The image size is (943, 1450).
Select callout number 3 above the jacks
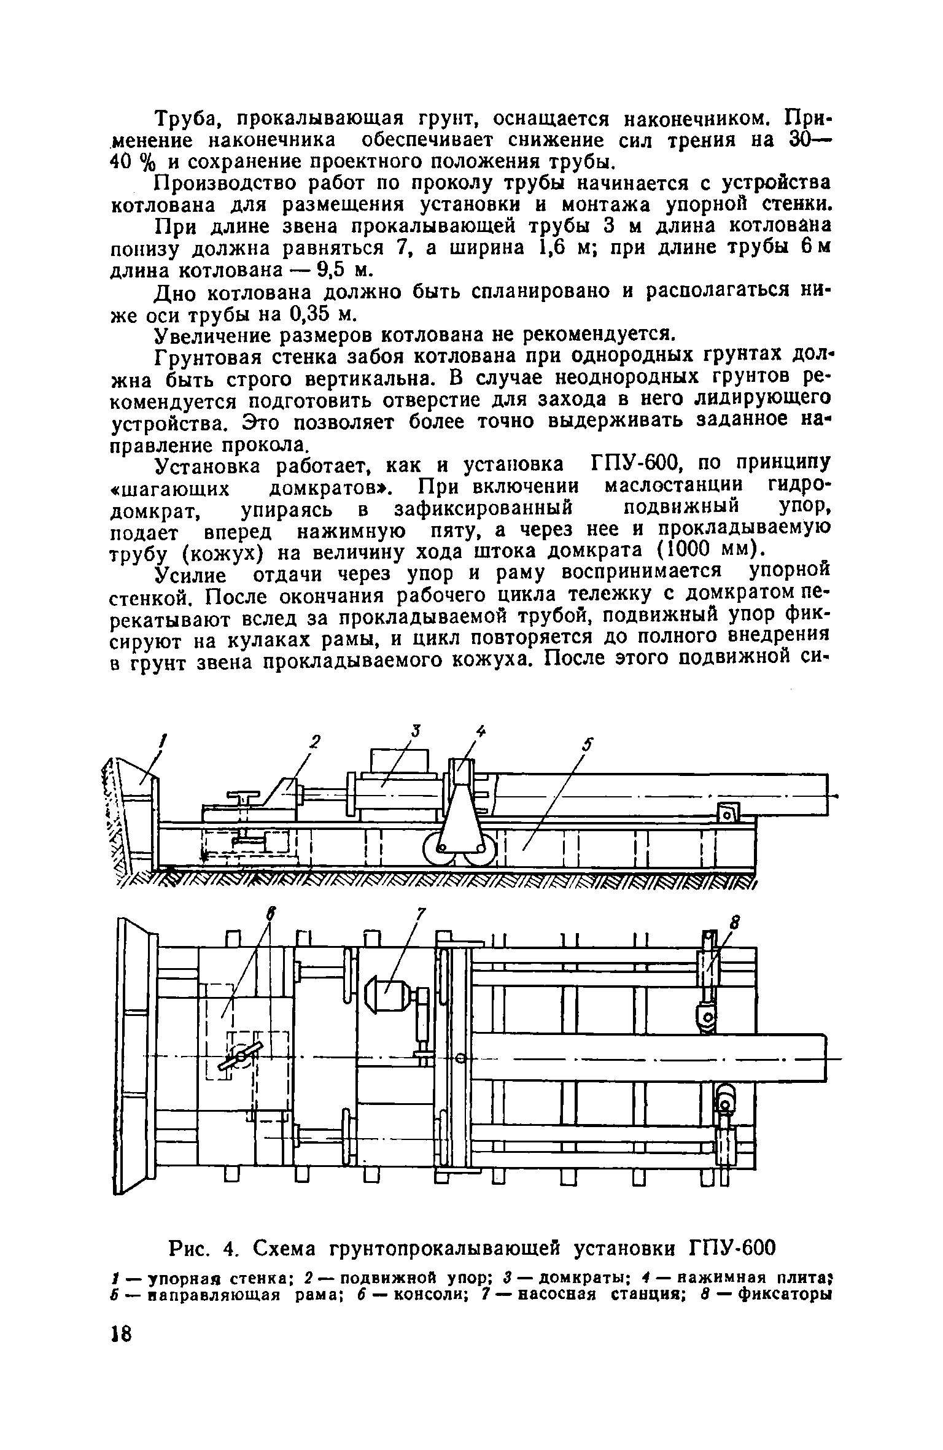point(416,731)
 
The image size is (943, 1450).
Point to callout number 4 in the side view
point(480,732)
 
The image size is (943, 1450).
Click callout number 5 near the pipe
point(588,745)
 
